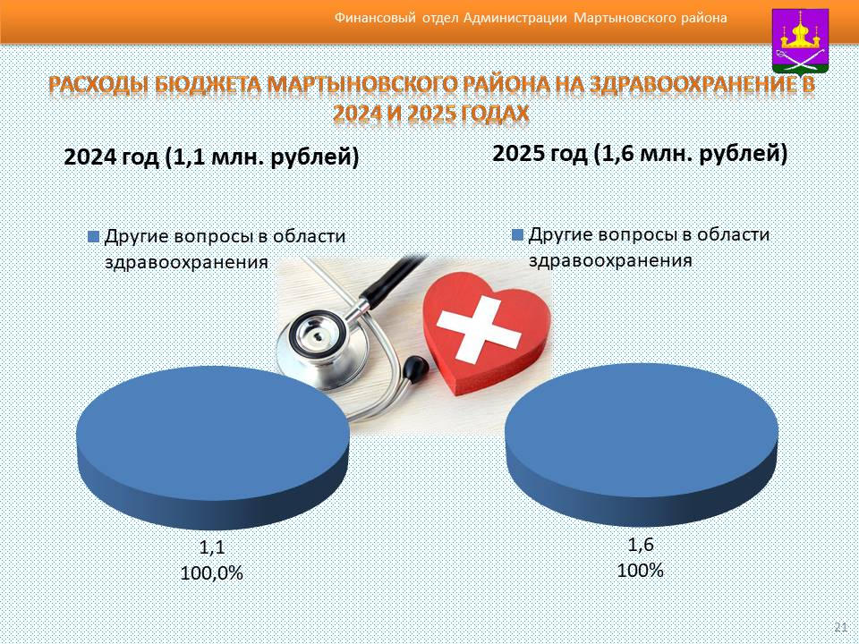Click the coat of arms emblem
pos(800,41)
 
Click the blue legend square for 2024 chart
pos(94,236)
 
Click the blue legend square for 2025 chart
pos(518,235)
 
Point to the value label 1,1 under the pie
pos(212,547)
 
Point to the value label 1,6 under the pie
pos(641,545)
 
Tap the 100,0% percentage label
pos(211,572)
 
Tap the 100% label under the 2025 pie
pos(641,570)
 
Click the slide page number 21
pos(840,627)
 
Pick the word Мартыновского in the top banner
pos(624,18)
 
